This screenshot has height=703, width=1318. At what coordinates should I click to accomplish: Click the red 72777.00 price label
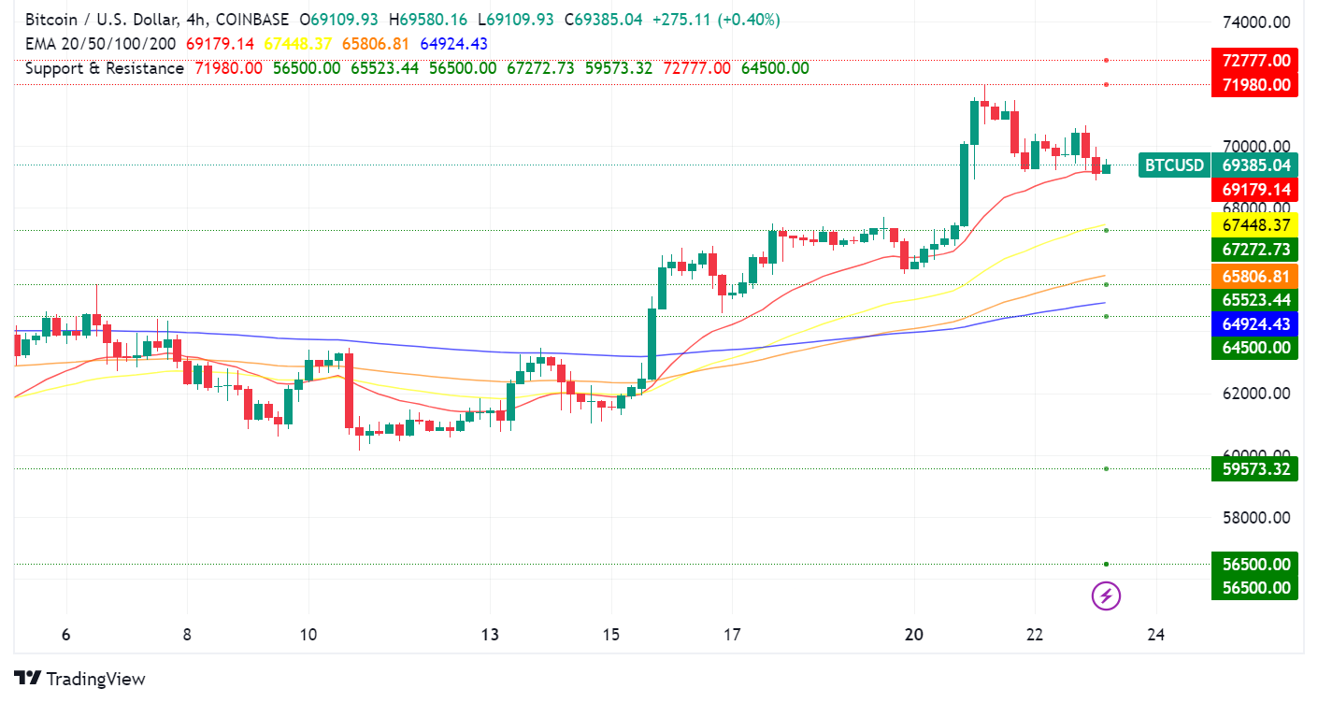1254,61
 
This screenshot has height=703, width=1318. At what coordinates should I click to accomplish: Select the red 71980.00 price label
1254,85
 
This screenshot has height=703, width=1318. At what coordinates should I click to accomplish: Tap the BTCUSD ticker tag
1174,165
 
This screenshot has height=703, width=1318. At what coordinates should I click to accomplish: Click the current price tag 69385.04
1254,165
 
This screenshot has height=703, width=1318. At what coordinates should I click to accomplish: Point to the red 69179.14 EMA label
1254,190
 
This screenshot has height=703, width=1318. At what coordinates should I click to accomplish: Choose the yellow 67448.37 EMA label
1254,225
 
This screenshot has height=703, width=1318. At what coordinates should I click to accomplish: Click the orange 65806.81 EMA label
1254,277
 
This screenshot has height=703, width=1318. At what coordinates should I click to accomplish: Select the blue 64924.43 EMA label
1254,323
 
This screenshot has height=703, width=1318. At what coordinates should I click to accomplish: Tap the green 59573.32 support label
1254,468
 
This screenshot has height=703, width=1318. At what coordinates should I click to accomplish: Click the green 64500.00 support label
1254,348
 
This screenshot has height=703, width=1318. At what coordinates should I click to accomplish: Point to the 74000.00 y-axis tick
1256,22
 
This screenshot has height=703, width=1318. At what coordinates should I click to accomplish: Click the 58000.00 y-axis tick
1256,518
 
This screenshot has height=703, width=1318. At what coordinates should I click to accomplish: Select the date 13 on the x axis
490,636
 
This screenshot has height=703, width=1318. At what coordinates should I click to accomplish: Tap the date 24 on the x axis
1155,636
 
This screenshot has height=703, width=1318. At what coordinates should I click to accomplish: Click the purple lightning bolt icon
1106,595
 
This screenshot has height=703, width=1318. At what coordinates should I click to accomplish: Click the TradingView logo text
95,679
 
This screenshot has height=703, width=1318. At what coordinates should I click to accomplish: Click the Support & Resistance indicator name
105,68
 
